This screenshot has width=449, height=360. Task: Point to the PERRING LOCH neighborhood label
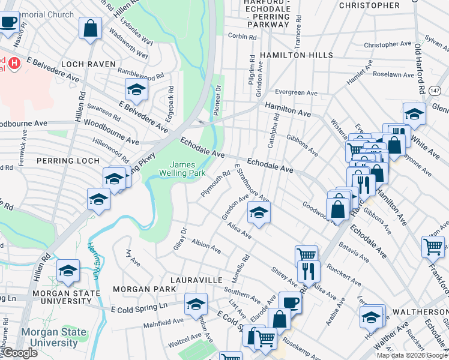[67, 161]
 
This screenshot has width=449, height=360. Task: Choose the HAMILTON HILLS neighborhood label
[297, 55]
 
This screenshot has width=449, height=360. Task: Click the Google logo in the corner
[19, 353]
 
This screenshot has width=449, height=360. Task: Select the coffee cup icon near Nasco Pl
[8, 23]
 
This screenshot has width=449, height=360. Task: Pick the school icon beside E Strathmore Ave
[259, 212]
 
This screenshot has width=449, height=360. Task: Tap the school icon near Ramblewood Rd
[136, 90]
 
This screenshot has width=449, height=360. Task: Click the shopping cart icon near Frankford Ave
[432, 246]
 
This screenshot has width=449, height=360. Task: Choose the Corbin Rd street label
[242, 37]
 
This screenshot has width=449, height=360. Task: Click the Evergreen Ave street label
[296, 93]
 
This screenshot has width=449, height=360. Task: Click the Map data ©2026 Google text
[411, 355]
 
